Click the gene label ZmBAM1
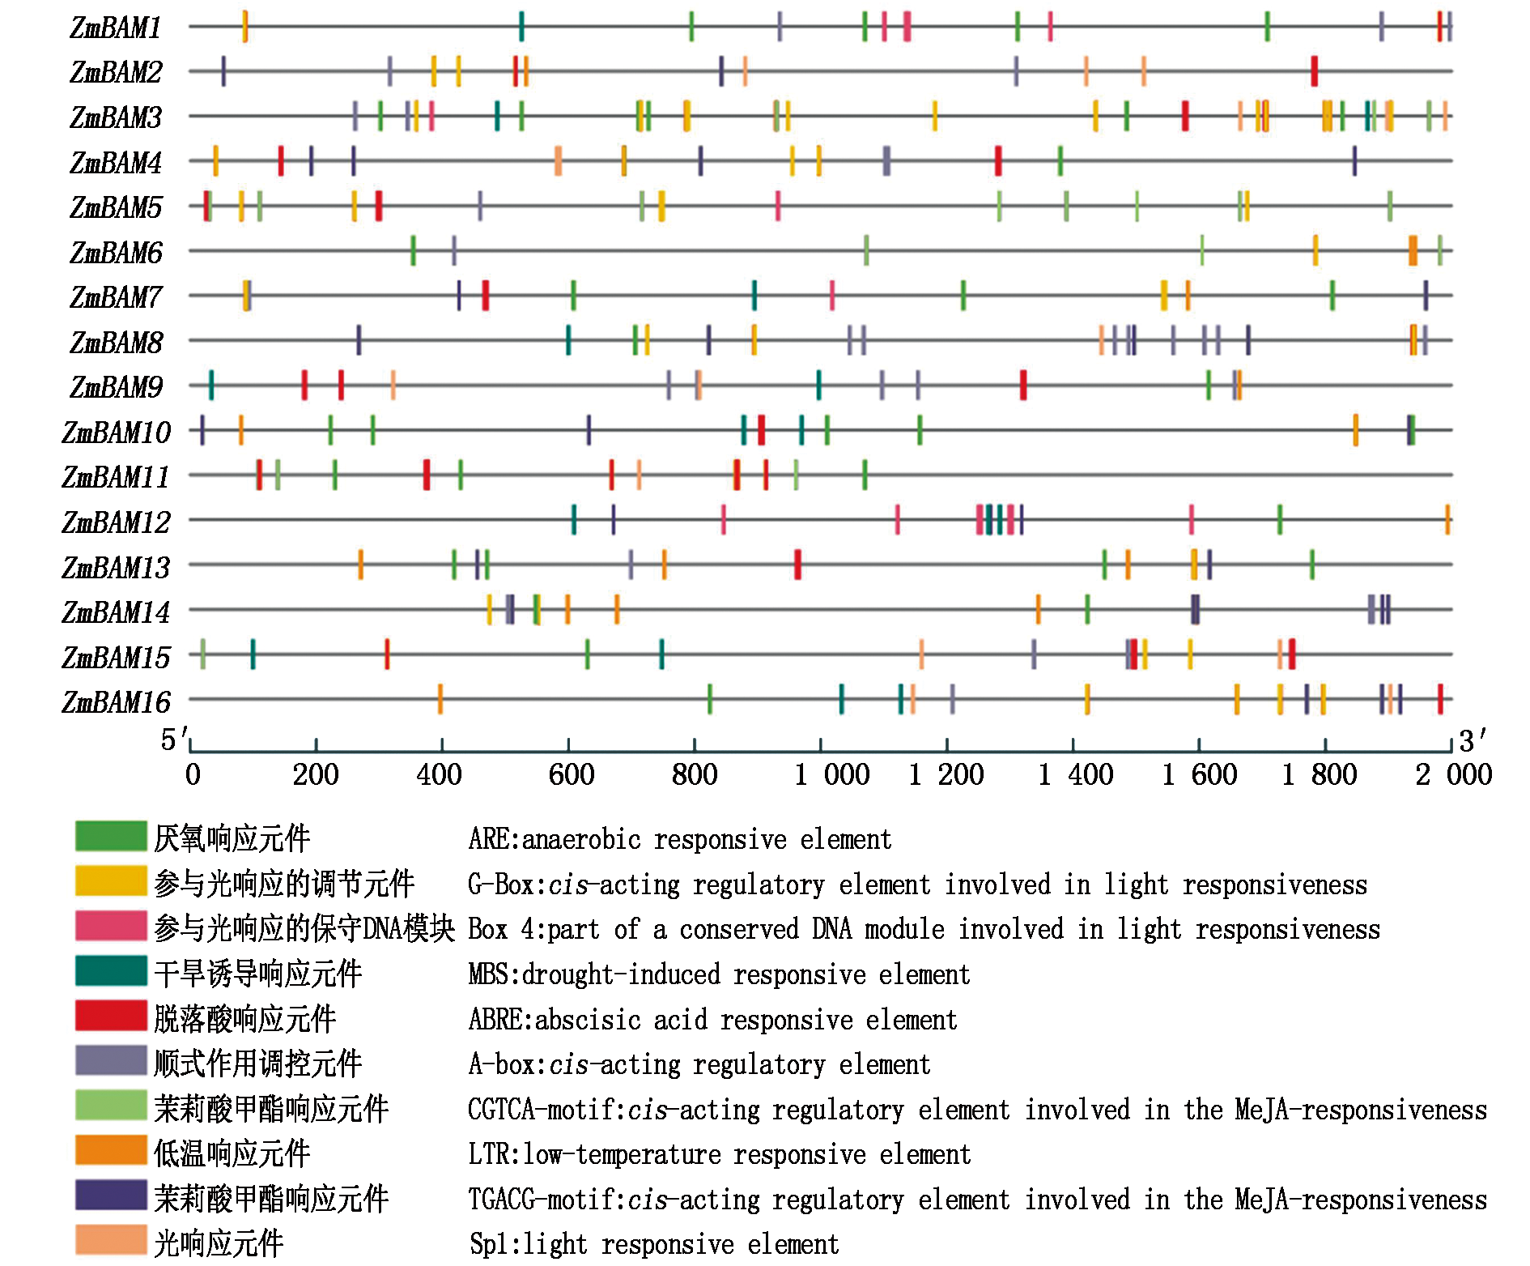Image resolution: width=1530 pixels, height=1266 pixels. point(116,28)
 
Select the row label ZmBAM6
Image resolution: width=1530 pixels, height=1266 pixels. point(116,253)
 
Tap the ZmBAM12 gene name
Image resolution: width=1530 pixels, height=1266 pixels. point(116,522)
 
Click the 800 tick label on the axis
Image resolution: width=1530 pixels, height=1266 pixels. point(695,775)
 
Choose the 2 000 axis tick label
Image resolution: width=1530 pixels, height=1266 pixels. point(1453,775)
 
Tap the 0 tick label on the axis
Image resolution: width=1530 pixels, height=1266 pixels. point(193,775)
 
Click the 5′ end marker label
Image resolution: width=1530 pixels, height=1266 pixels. point(173,740)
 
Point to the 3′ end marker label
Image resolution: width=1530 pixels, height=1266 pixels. point(1473,740)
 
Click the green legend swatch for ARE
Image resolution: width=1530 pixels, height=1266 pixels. point(111,836)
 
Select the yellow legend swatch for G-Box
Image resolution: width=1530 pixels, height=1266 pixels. point(111,881)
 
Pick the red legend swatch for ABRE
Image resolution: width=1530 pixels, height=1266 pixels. point(111,1016)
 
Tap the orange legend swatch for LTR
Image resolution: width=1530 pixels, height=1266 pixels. point(111,1150)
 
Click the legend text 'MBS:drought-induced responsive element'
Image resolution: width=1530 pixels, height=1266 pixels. point(719,974)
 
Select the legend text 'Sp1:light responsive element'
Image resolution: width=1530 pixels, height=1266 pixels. point(654,1244)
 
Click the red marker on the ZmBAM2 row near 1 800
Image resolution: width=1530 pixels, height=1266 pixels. point(1314,71)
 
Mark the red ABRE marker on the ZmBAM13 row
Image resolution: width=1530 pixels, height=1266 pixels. point(797,565)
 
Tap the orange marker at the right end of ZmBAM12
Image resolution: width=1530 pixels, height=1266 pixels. point(1447,519)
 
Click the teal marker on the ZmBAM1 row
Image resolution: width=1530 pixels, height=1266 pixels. point(521,26)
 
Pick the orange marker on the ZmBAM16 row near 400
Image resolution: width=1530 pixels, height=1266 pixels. point(440,699)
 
